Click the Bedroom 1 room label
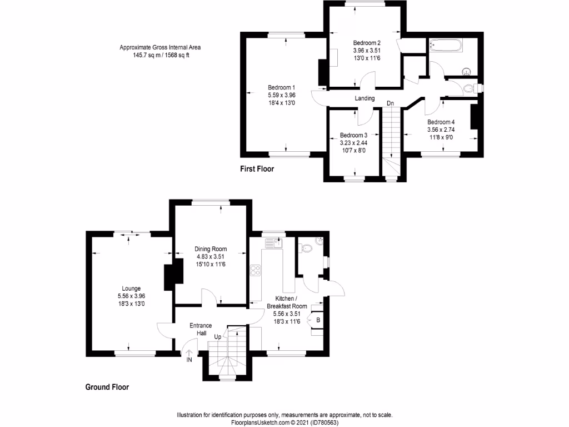281,87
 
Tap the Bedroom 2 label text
367,43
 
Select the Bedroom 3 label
353,135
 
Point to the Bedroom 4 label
441,122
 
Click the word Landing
365,98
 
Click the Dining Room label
211,249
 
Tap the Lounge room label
128,288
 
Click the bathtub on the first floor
445,46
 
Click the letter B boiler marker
318,320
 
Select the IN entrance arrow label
189,360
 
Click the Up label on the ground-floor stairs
218,337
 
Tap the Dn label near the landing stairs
390,103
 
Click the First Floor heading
257,168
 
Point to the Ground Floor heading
107,387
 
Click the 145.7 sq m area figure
139,55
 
